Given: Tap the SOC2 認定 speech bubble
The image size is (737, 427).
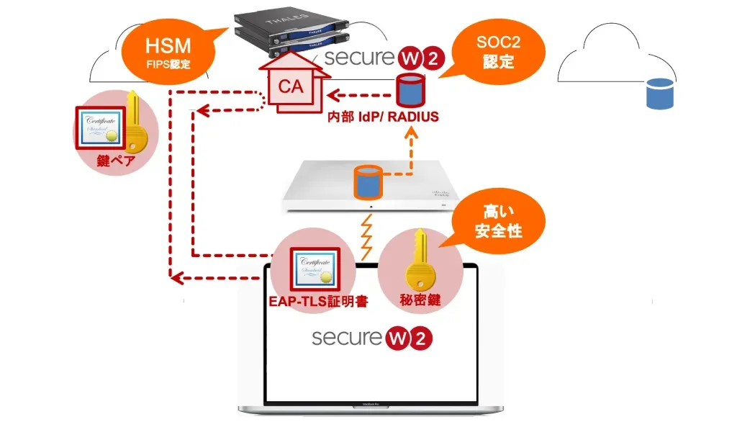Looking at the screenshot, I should pyautogui.click(x=499, y=51).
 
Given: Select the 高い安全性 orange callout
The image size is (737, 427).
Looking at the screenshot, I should pyautogui.click(x=498, y=222).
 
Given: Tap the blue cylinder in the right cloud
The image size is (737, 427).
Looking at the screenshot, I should pyautogui.click(x=659, y=94).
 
